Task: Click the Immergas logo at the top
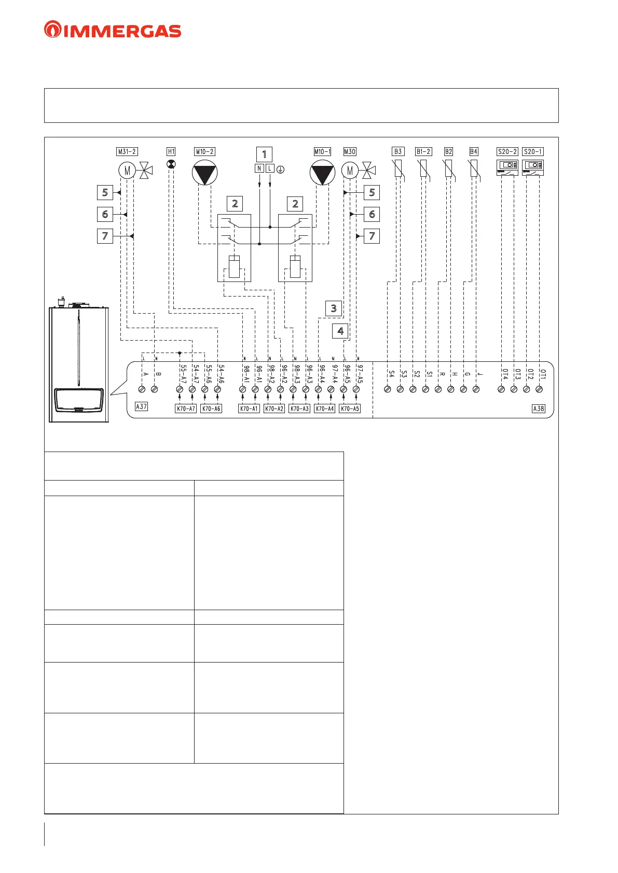(113, 30)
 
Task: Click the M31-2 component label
(127, 151)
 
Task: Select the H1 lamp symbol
(171, 164)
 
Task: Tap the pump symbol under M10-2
(205, 173)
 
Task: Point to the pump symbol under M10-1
(322, 173)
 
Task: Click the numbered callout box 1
(264, 154)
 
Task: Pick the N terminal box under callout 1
(259, 168)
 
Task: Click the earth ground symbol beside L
(281, 169)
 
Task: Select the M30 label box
(350, 151)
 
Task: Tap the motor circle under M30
(350, 170)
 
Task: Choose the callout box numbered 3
(334, 308)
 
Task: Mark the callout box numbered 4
(340, 331)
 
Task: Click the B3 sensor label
(398, 151)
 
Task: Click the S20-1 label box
(533, 151)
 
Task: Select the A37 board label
(141, 406)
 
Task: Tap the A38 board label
(539, 409)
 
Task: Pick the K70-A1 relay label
(249, 409)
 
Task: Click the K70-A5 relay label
(350, 409)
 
